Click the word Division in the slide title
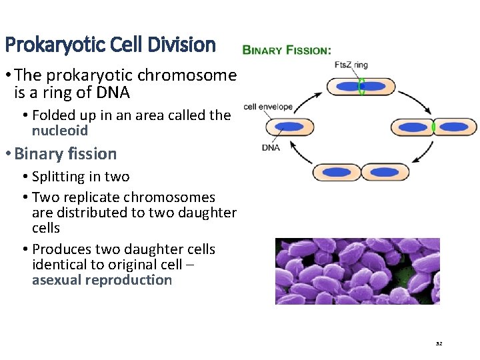coord(183,45)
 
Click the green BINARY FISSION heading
coord(286,50)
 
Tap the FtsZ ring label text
coord(351,65)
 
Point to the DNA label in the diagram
coord(271,147)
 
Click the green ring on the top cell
coord(361,87)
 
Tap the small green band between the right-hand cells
coord(433,127)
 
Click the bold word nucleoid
coord(60,131)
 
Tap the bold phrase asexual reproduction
coord(102,280)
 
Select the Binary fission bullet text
coord(65,154)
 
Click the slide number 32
coord(439,344)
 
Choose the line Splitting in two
coord(81,177)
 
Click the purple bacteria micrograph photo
coord(357,271)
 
